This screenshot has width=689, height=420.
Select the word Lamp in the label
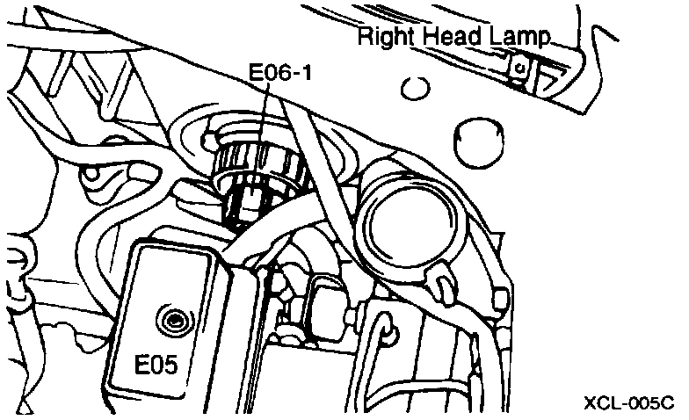519,37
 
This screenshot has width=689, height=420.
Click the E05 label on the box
163,363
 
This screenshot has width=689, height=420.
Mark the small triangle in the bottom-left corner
25,407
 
